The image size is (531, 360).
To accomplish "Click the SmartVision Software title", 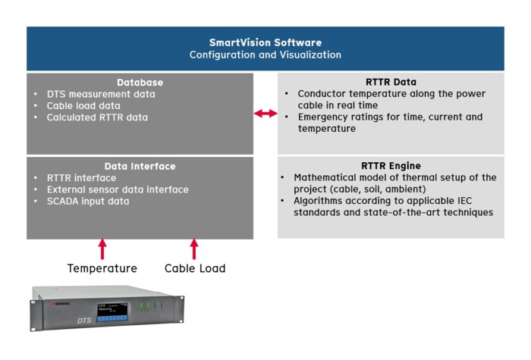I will (265, 42).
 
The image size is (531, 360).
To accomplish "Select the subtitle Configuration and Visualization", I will (265, 55).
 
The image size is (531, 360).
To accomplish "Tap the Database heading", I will (140, 82).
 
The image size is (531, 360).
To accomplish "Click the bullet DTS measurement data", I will (100, 94).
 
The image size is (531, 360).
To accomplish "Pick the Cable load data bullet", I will (83, 106).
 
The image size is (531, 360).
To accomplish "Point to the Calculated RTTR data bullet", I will (97, 117).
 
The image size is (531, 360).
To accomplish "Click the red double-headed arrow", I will (265, 113).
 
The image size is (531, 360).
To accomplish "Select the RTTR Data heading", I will (391, 82).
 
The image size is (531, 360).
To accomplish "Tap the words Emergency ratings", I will (328, 117).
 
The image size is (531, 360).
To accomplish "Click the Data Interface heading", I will (140, 166).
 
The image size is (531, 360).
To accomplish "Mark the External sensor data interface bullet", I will (117, 189).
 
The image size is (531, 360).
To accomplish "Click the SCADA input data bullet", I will (88, 201).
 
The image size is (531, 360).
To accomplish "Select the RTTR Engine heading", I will (391, 166).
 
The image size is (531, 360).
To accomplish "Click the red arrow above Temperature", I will (102, 249).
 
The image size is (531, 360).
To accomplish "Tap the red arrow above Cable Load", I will (194, 249).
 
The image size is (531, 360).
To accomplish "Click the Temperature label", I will (102, 268).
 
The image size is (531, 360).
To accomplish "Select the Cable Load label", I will (195, 268).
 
